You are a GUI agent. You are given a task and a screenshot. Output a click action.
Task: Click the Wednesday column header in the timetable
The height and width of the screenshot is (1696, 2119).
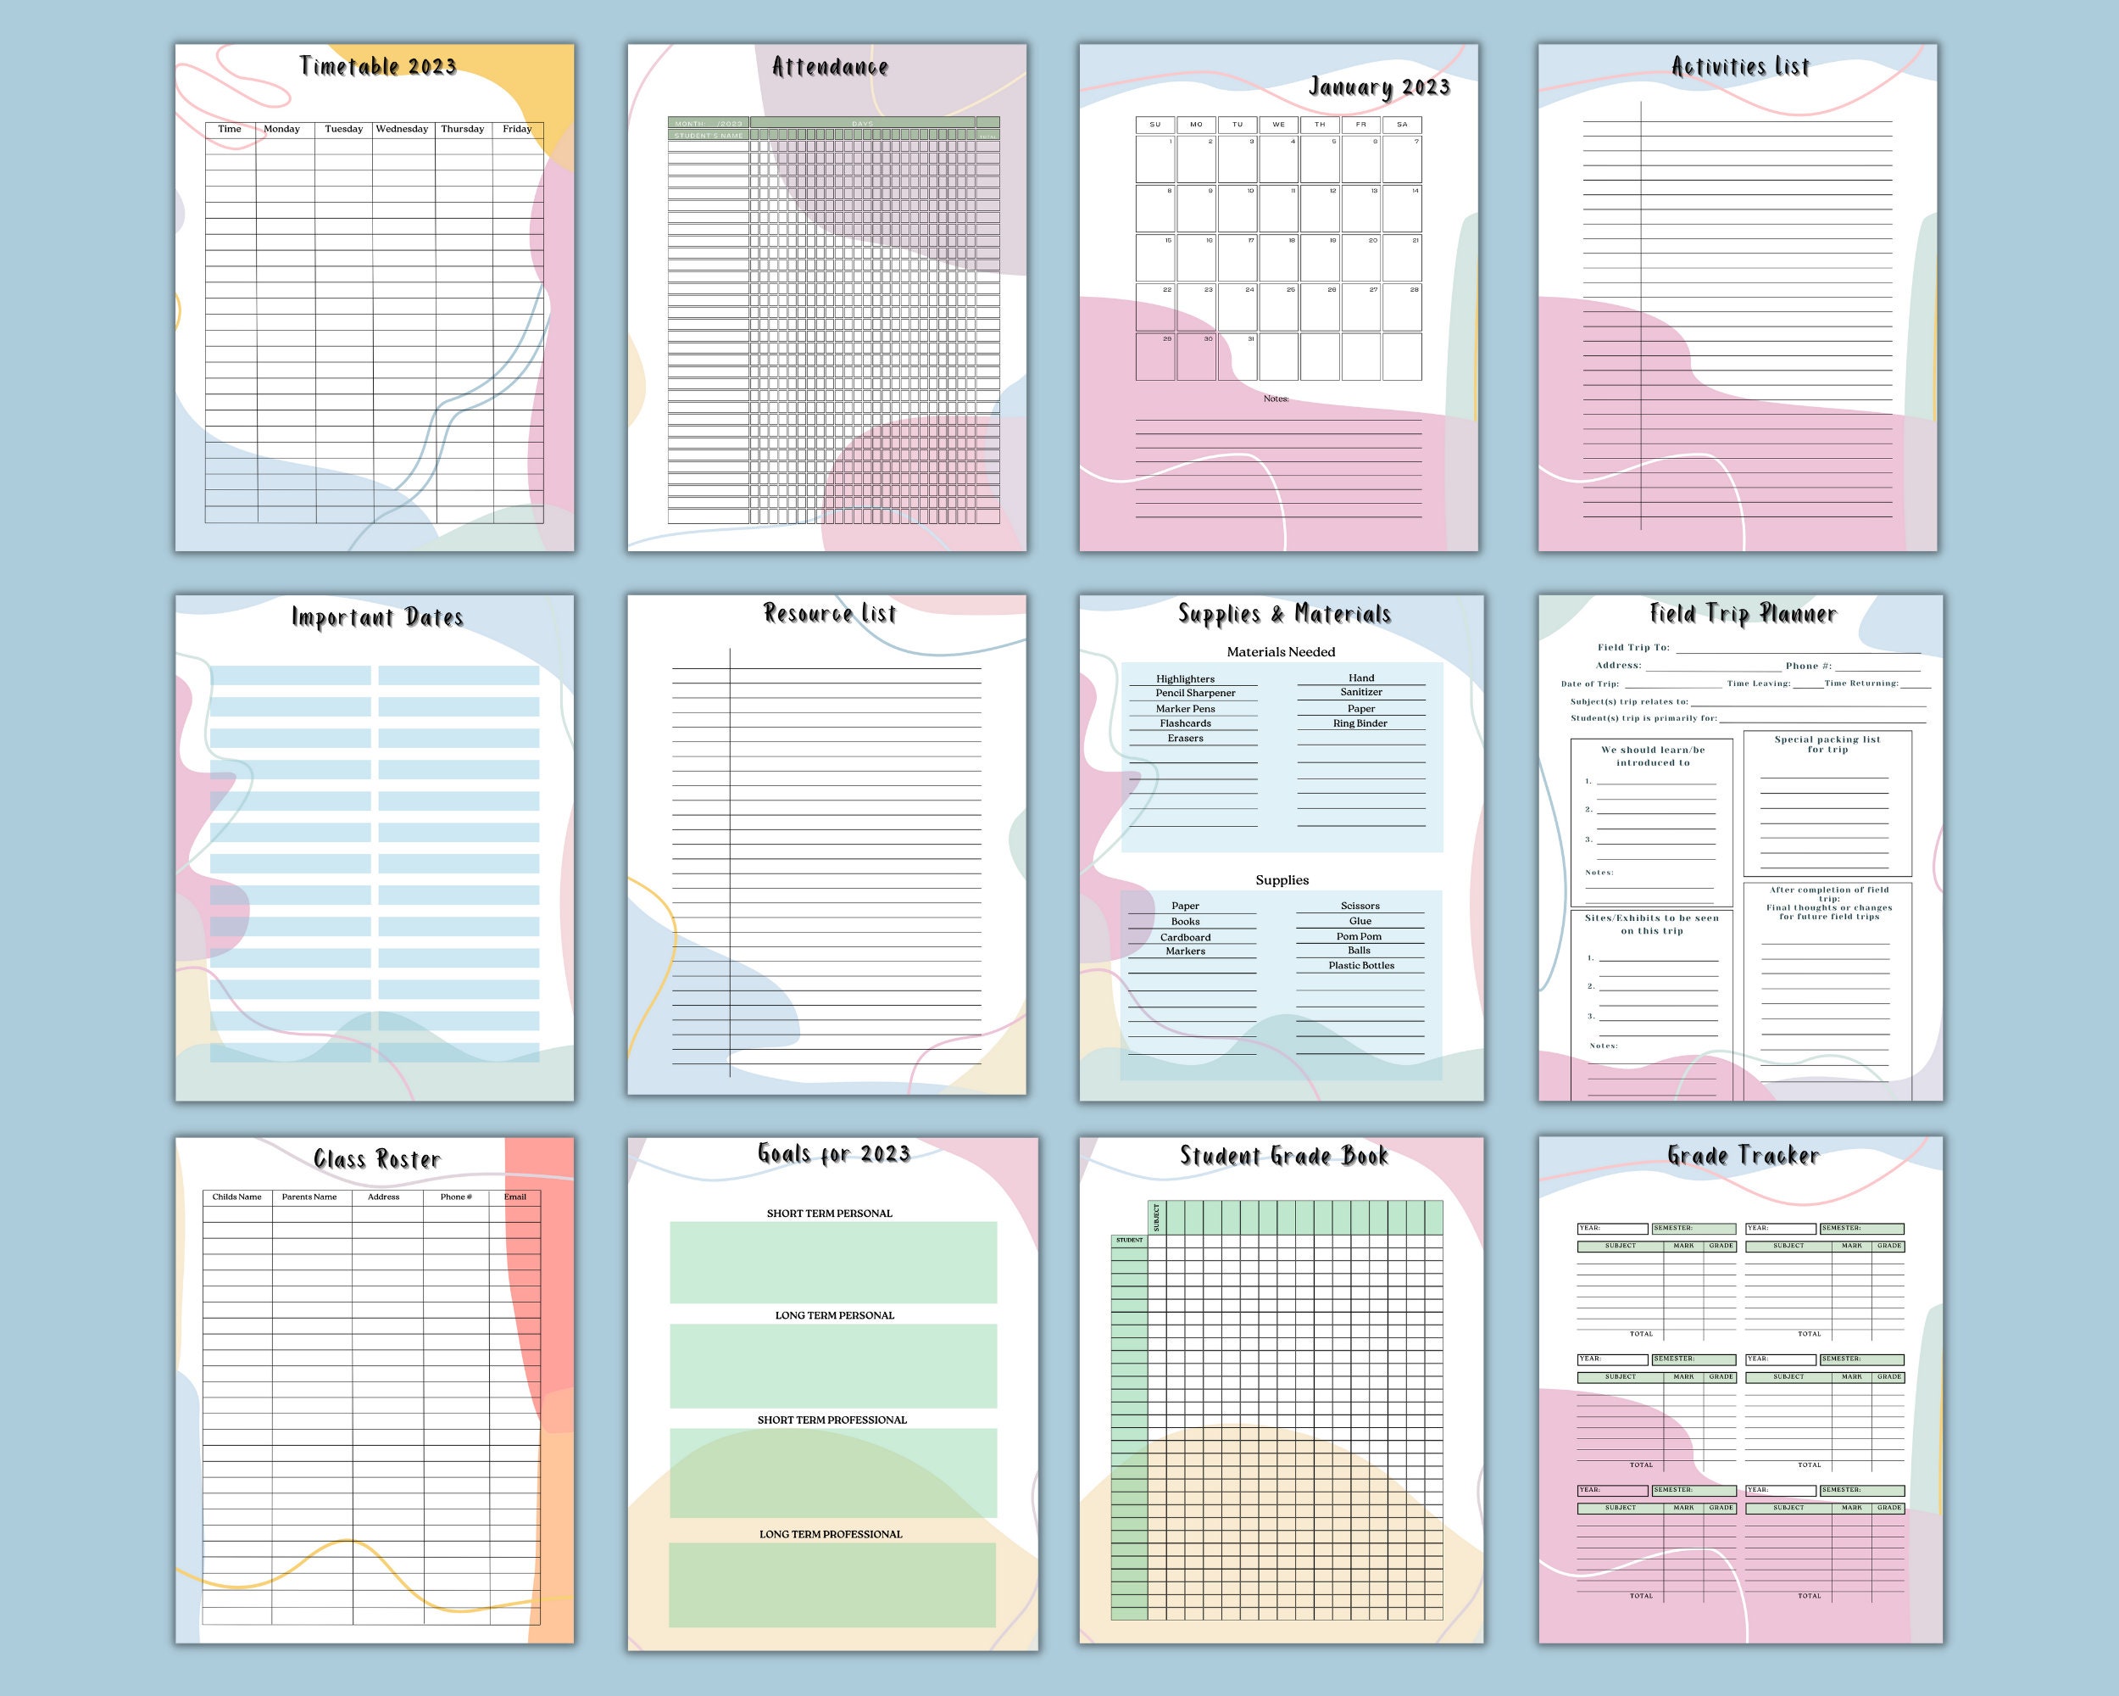tap(402, 129)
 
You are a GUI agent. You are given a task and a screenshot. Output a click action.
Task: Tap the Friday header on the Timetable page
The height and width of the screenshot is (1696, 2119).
tap(517, 129)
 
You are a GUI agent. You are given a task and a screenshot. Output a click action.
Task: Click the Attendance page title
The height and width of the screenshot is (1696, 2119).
tap(830, 67)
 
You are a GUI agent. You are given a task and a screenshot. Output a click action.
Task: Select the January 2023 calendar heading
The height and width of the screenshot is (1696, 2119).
tap(1379, 87)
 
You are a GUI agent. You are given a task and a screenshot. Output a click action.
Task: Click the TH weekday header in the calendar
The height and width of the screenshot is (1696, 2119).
tap(1320, 125)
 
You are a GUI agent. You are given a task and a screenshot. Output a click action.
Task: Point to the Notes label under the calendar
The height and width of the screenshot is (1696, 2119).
tap(1276, 399)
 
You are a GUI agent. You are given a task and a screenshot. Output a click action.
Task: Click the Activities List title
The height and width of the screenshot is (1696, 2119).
tap(1741, 67)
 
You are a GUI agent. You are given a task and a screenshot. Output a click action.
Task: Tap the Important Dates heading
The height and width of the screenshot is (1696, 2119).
tap(377, 617)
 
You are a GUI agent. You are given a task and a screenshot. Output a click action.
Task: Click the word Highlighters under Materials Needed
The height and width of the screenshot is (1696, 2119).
tap(1185, 678)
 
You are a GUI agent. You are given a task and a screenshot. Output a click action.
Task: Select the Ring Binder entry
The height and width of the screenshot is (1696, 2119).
tap(1360, 722)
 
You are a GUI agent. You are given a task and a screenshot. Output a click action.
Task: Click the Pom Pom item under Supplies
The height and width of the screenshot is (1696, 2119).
tap(1359, 936)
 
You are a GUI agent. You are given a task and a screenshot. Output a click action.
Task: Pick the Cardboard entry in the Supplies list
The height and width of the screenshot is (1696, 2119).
tap(1185, 937)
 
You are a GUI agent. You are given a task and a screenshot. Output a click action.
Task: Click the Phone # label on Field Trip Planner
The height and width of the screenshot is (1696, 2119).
tap(1809, 666)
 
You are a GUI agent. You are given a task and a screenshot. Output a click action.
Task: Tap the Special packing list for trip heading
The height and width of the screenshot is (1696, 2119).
tap(1827, 745)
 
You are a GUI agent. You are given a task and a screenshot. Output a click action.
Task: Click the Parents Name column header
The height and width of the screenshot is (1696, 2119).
tap(309, 1197)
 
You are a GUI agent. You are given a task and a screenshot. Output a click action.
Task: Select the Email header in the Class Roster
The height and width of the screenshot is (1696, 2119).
tap(515, 1197)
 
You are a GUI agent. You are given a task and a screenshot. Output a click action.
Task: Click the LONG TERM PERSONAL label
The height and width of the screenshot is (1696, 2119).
tap(834, 1315)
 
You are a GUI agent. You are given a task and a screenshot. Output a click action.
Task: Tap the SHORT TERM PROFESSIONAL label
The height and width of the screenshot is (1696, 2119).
tap(831, 1420)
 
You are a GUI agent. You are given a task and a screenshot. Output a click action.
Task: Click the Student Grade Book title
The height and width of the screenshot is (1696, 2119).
tap(1283, 1155)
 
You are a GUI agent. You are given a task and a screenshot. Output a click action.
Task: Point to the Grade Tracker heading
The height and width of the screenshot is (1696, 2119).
tap(1743, 1155)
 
